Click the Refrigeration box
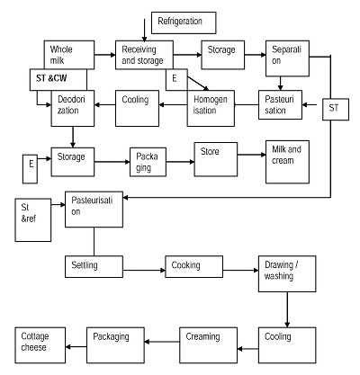point(184,22)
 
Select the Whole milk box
point(69,55)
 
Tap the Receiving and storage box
point(144,55)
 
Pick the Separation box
point(287,58)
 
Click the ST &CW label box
point(58,80)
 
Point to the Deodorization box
point(73,108)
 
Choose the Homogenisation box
point(211,108)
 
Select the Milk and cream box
point(287,162)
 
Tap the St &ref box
point(33,220)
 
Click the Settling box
point(94,266)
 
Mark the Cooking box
point(194,266)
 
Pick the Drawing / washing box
point(287,273)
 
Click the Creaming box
point(209,345)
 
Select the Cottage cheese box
point(40,345)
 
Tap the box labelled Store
point(216,159)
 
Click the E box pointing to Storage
point(30,169)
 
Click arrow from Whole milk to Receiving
point(105,55)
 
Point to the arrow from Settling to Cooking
point(144,271)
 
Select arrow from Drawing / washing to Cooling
point(287,309)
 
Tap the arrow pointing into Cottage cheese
point(76,347)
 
